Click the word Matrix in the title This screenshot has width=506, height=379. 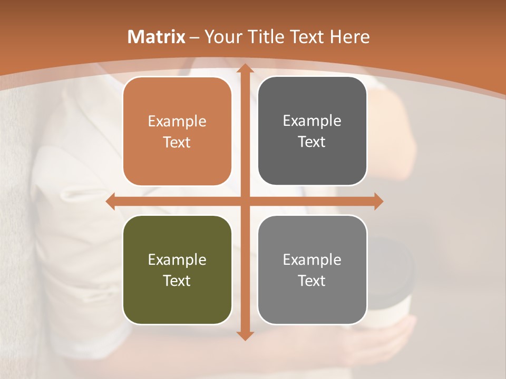tap(157, 37)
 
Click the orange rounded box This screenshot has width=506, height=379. tap(177, 131)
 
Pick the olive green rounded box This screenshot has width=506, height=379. tap(177, 270)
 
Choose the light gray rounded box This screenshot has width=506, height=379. tap(312, 270)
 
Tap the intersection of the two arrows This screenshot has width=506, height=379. tap(245, 202)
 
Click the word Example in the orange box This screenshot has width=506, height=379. tap(177, 122)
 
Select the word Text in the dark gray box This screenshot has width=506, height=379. tap(312, 142)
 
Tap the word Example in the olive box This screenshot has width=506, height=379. tap(177, 260)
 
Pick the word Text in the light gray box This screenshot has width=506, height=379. tap(312, 281)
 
